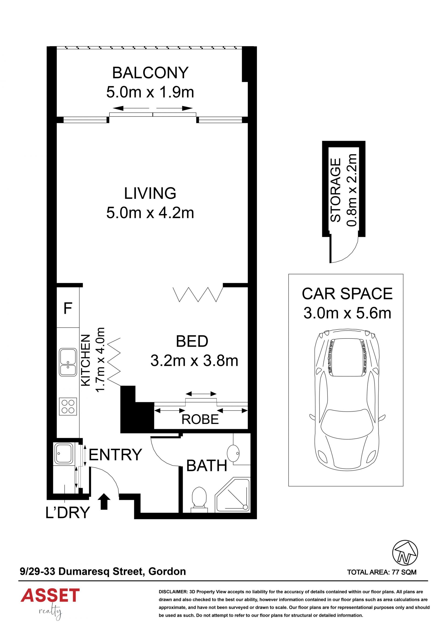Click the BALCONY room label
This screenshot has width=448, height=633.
[150, 73]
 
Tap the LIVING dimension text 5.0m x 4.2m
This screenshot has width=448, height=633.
[150, 213]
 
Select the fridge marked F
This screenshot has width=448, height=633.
[68, 308]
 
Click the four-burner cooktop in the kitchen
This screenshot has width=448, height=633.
[68, 406]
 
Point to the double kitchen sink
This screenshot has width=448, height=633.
[68, 362]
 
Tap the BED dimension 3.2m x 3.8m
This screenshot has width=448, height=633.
[194, 361]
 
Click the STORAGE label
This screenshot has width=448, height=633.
[336, 190]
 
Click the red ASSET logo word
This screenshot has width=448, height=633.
[50, 595]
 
